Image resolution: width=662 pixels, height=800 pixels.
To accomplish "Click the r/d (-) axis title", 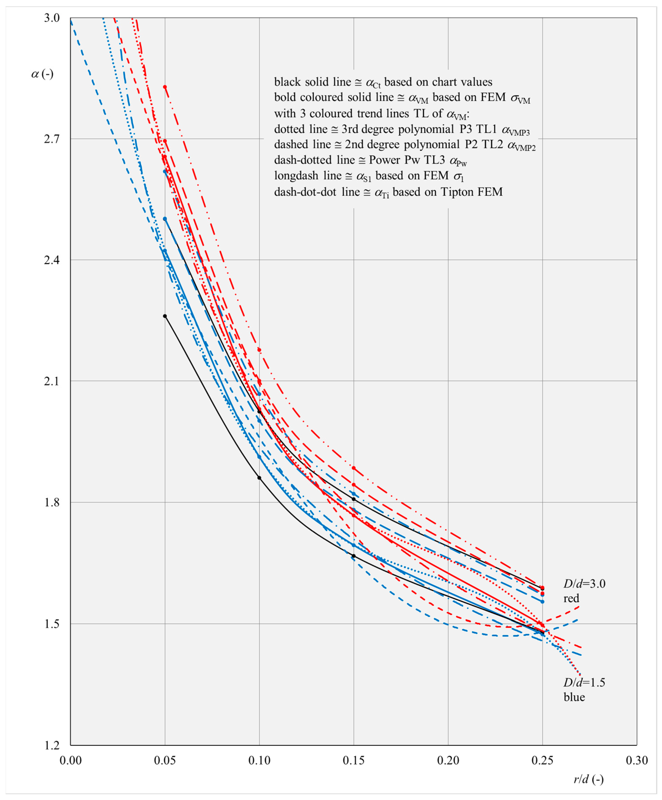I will [x=589, y=779].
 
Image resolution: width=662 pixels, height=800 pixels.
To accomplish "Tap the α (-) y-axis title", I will [x=42, y=74].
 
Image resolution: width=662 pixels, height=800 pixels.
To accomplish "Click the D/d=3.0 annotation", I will [x=584, y=584].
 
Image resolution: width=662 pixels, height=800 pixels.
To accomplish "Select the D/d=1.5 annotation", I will [x=584, y=682].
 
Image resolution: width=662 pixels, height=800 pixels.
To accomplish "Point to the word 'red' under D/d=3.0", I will [x=571, y=599].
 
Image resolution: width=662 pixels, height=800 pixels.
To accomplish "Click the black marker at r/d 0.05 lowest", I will [x=165, y=316].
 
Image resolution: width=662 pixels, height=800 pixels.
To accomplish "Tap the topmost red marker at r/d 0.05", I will [x=165, y=87].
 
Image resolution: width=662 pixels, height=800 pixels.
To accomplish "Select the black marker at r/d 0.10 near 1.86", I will [x=259, y=478].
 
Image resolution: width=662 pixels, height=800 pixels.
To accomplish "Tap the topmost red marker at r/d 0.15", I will [x=353, y=468].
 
